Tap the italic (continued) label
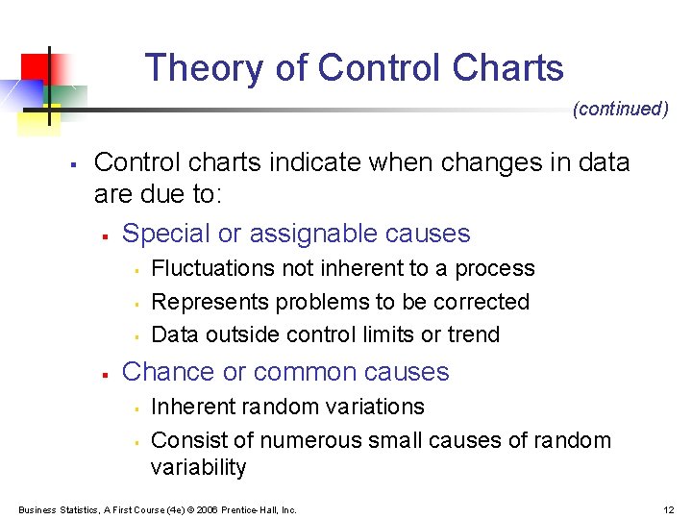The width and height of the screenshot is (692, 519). click(x=620, y=109)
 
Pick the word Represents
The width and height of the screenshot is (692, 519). click(x=210, y=302)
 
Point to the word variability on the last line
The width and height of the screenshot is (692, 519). click(x=199, y=468)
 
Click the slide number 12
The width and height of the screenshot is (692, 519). click(x=668, y=509)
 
